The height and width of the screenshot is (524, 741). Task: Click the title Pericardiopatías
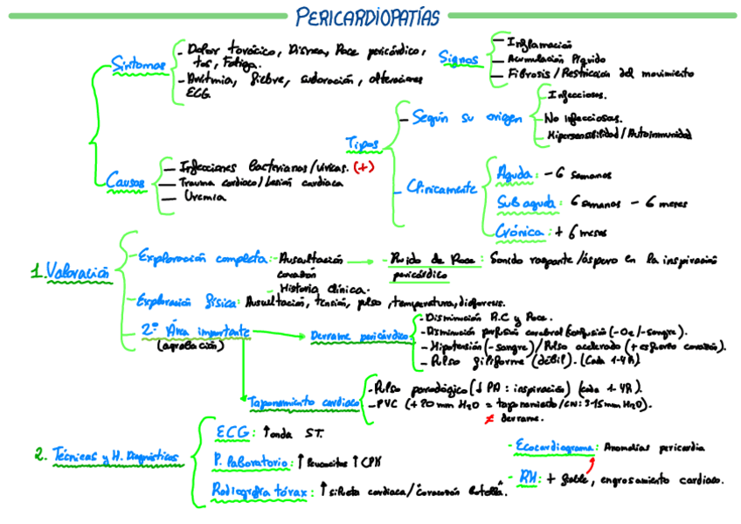367,16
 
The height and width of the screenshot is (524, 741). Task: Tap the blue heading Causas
125,181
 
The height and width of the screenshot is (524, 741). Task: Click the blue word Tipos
362,143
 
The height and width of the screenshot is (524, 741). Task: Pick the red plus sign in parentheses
364,166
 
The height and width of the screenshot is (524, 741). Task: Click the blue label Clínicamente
441,186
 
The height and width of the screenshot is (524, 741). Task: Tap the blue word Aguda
513,174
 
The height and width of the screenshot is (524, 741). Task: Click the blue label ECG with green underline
232,432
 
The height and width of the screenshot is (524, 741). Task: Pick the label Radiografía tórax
260,492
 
